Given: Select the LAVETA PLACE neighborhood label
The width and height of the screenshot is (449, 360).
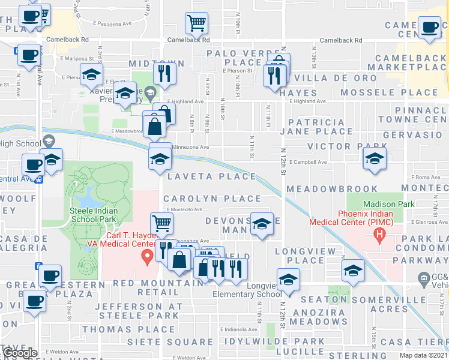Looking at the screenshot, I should pyautogui.click(x=212, y=176).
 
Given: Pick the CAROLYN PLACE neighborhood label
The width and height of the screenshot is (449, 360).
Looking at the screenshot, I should pyautogui.click(x=212, y=199).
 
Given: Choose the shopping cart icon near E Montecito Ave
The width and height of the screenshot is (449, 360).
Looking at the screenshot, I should pyautogui.click(x=162, y=223).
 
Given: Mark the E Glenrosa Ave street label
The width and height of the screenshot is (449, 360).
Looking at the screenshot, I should pyautogui.click(x=430, y=222).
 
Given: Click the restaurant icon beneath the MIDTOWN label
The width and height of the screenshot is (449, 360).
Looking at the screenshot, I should pyautogui.click(x=163, y=73).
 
